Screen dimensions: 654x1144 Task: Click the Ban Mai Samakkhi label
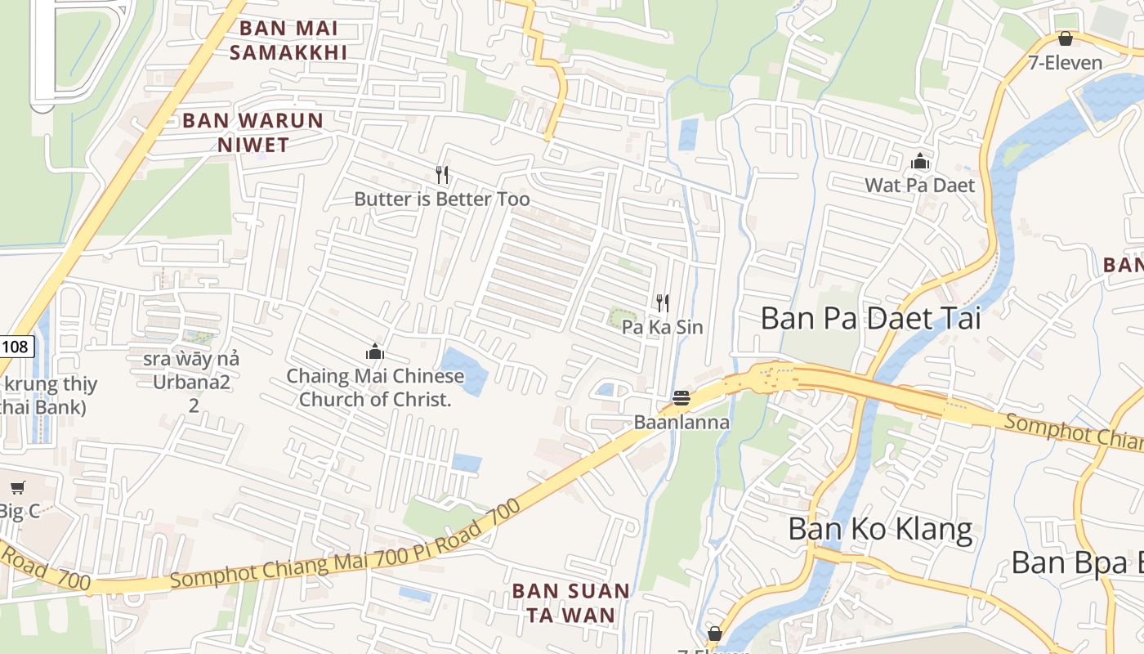coord(288,40)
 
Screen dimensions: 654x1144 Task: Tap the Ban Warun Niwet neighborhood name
coord(253,132)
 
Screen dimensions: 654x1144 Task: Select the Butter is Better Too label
coord(441,199)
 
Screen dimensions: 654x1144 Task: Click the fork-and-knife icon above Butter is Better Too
coord(442,174)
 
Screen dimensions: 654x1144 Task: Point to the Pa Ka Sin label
coord(662,327)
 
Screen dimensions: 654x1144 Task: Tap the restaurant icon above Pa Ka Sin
coord(663,303)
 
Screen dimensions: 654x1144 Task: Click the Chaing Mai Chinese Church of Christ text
coord(375,387)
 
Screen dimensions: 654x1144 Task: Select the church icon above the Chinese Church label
coord(375,352)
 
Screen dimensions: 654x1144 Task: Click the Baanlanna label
coord(681,423)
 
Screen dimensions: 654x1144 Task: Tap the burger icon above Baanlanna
coord(681,399)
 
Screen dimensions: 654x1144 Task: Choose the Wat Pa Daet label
coord(920,185)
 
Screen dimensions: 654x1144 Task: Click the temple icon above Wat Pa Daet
coord(921,162)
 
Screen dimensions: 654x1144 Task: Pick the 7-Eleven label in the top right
coord(1065,62)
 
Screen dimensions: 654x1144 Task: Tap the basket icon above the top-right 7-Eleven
coord(1065,38)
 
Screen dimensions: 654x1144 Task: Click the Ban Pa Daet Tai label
coord(870,317)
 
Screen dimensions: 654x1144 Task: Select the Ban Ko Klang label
coord(880,529)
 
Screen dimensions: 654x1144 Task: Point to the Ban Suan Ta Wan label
coord(570,602)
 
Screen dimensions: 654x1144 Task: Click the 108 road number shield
coord(15,347)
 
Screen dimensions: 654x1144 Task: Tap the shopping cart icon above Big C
coord(17,488)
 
